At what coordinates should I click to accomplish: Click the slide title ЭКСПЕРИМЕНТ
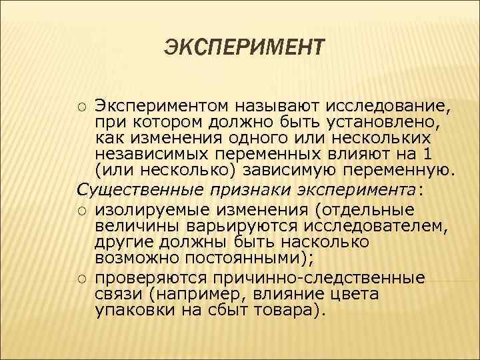(x=244, y=49)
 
